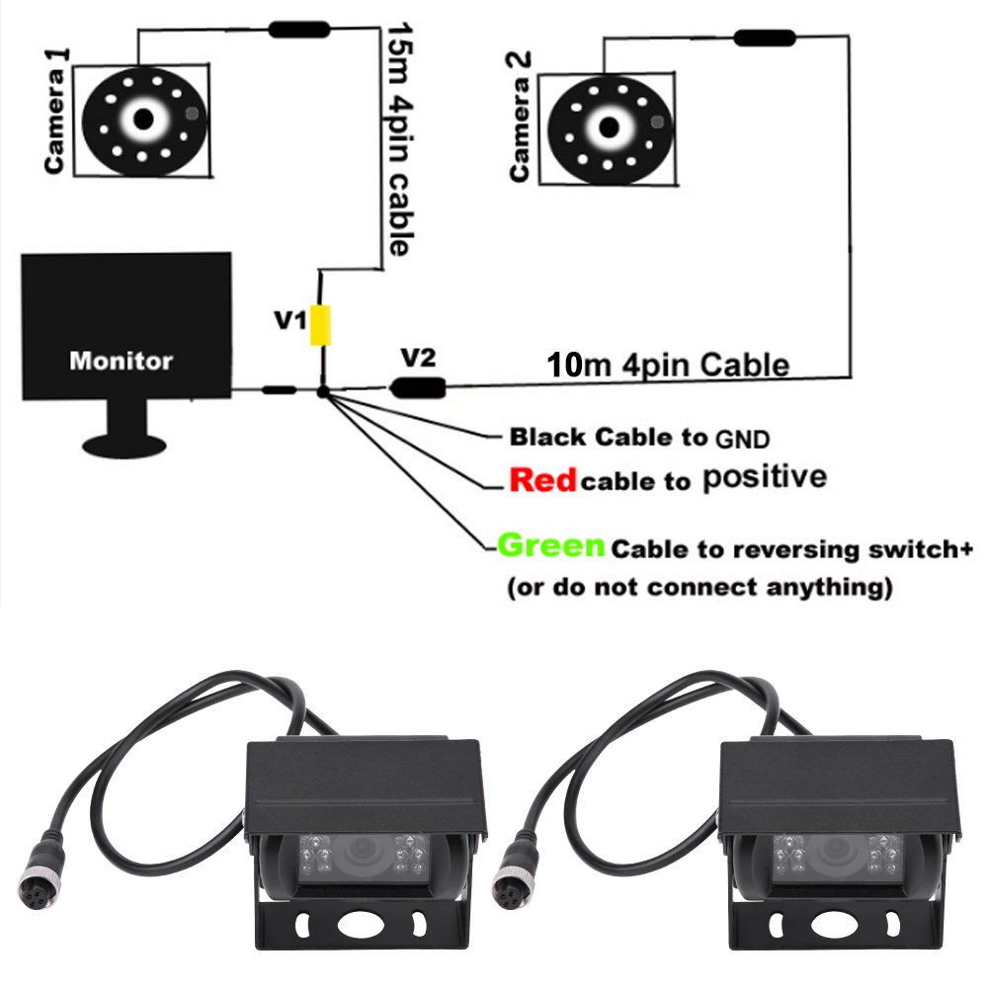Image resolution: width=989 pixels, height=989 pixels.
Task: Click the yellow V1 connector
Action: tap(321, 325)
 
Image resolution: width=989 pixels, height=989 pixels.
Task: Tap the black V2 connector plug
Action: tap(418, 387)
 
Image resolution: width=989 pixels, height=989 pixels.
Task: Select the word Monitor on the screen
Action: tap(121, 361)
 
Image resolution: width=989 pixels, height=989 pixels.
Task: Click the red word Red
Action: tap(542, 481)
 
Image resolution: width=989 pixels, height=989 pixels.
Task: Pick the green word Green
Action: tap(550, 545)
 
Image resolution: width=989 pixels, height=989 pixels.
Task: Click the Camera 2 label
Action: tap(520, 117)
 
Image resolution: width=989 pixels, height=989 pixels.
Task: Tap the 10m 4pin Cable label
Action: tap(668, 365)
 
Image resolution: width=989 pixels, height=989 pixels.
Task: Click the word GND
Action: tap(741, 437)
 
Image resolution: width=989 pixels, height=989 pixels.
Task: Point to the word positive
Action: tap(764, 478)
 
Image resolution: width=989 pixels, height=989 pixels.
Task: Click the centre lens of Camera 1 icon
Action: tap(144, 119)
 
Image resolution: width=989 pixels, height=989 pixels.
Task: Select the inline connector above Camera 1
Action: tap(299, 30)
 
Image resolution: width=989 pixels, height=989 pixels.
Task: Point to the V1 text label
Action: tap(290, 320)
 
